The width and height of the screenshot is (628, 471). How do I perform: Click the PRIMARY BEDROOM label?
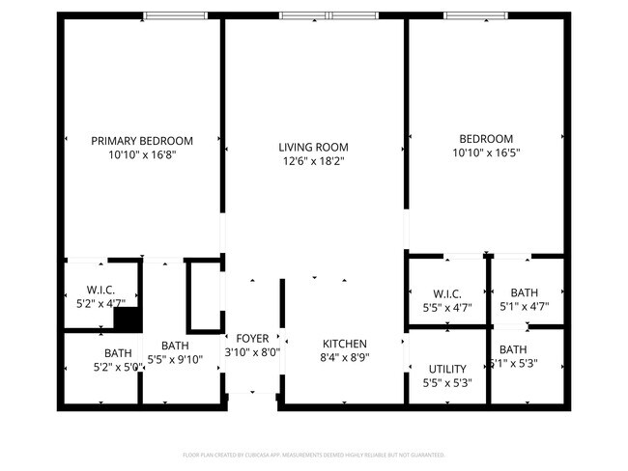pyautogui.click(x=142, y=140)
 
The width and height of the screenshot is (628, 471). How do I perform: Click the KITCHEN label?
pyautogui.click(x=344, y=344)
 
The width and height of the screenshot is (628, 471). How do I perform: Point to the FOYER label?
pyautogui.click(x=252, y=339)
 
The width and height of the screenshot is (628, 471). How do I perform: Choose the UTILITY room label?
pyautogui.click(x=447, y=369)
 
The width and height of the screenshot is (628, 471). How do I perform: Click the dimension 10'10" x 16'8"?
pyautogui.click(x=142, y=153)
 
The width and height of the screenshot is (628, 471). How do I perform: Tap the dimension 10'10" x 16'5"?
pyautogui.click(x=484, y=152)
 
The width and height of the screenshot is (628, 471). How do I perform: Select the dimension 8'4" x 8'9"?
pyautogui.click(x=344, y=357)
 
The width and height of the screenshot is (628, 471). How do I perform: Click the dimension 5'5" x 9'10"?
pyautogui.click(x=175, y=359)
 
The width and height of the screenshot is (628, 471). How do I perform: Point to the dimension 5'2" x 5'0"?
pyautogui.click(x=118, y=367)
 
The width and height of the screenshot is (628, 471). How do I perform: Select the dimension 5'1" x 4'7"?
pyautogui.click(x=525, y=308)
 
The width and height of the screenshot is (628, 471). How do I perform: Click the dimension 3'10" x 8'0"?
pyautogui.click(x=252, y=352)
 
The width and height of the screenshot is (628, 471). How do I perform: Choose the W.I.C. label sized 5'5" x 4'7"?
pyautogui.click(x=447, y=293)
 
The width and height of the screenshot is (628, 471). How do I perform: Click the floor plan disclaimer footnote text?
pyautogui.click(x=313, y=454)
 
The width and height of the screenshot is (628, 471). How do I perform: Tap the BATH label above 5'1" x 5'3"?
pyautogui.click(x=513, y=349)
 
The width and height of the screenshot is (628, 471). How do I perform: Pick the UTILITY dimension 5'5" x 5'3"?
pyautogui.click(x=447, y=382)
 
